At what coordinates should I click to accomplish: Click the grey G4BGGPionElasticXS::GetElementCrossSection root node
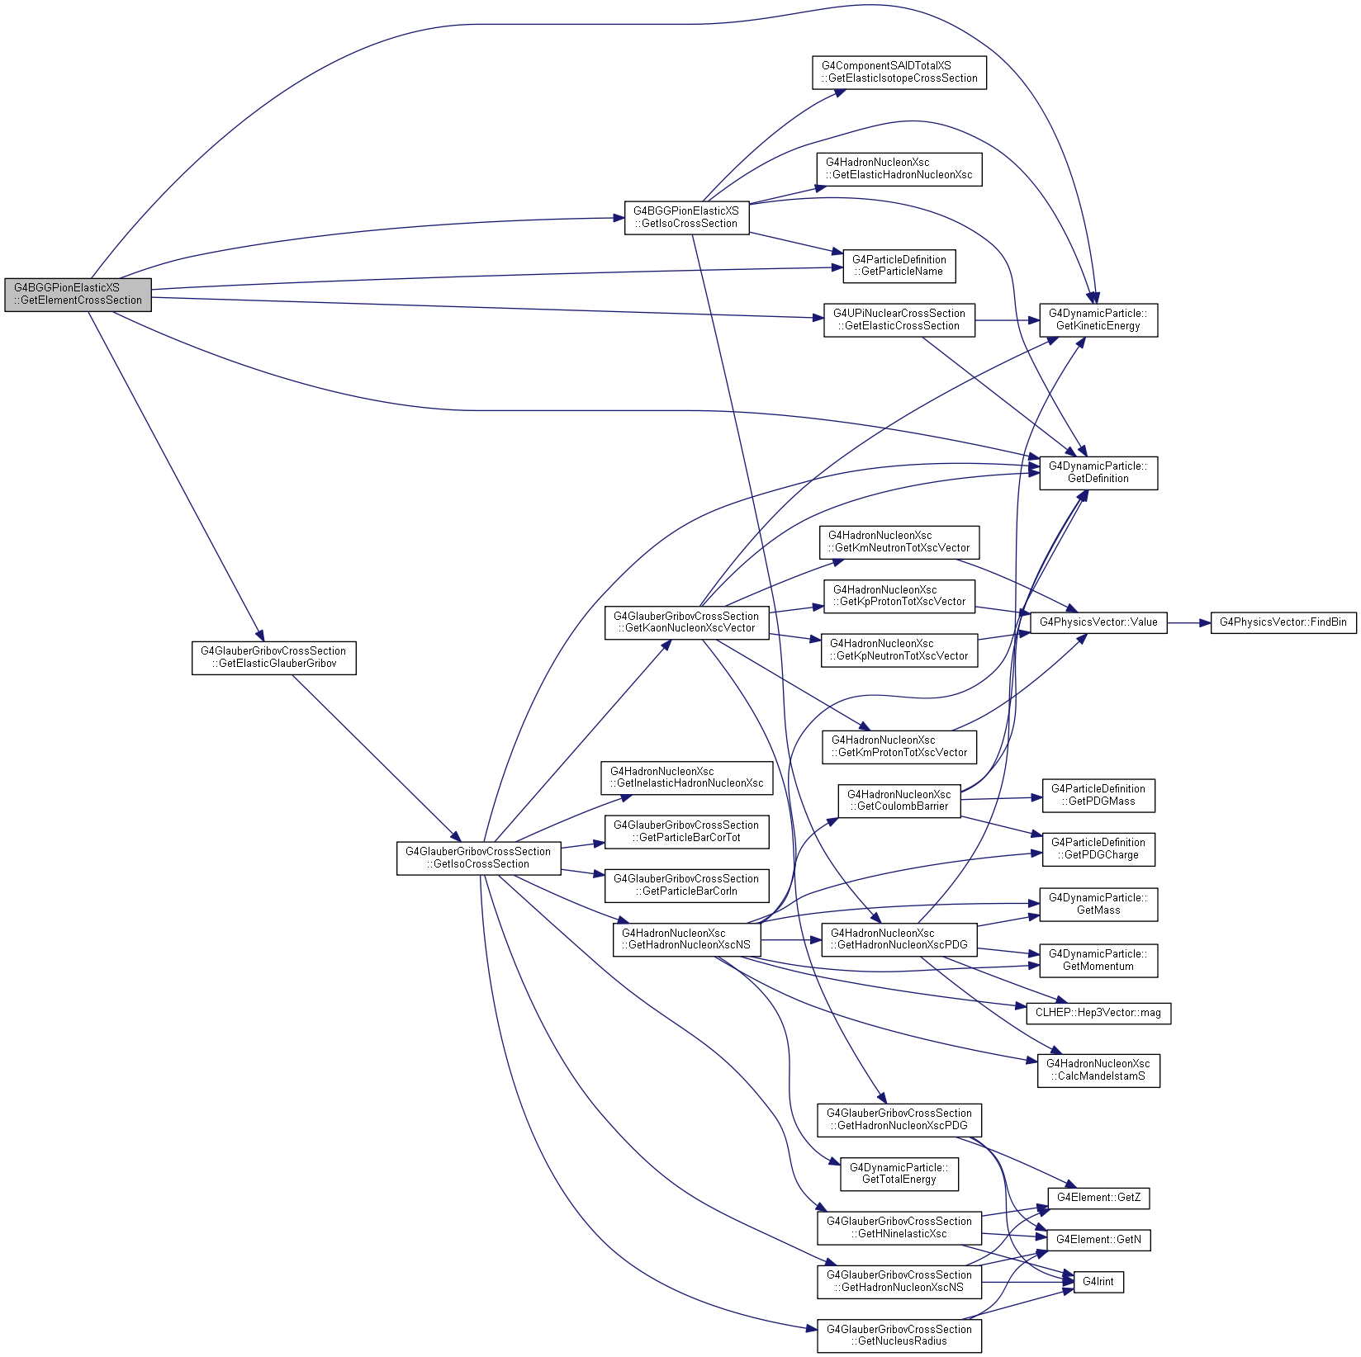tap(78, 295)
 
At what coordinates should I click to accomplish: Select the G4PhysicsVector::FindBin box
tap(1283, 622)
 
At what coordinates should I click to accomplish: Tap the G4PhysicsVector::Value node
tap(1098, 622)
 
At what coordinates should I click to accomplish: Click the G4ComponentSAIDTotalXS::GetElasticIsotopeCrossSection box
tap(899, 73)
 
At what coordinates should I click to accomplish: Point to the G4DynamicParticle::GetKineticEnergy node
tap(1098, 320)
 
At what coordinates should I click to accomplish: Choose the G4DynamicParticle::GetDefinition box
tap(1098, 473)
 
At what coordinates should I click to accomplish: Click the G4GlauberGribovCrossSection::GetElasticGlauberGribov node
tap(274, 658)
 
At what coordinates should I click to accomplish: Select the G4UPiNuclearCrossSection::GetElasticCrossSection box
tap(899, 320)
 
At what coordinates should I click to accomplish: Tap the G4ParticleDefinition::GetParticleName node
tap(899, 267)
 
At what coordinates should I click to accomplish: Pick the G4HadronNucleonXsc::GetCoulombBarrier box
tap(899, 801)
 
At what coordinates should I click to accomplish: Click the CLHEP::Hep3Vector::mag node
tap(1098, 1014)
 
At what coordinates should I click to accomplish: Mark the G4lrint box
tap(1098, 1283)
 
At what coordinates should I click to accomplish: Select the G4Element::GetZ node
tap(1098, 1199)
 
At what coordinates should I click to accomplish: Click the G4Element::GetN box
tap(1098, 1241)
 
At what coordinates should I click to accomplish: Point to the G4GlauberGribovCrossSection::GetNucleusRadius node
tap(899, 1336)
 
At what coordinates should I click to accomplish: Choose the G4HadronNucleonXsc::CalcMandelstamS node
tap(1098, 1071)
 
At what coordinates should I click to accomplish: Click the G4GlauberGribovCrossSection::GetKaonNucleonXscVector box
tap(687, 622)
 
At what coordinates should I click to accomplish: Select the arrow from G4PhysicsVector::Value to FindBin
tap(1188, 622)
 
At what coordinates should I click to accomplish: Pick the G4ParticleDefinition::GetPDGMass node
tap(1098, 796)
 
